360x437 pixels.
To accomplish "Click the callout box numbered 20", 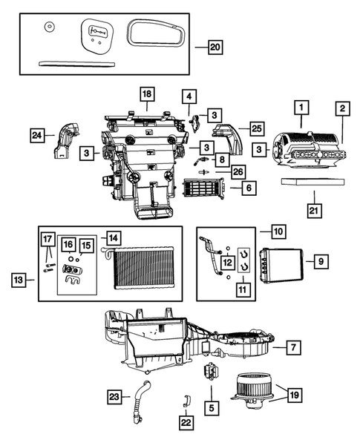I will coord(215,47).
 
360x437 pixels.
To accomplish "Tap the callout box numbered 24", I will coord(37,135).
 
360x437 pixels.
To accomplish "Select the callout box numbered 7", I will coord(293,347).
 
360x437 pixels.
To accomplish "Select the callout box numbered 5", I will coord(212,407).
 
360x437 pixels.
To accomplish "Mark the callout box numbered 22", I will coord(185,421).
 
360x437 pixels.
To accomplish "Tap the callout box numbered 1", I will coord(301,106).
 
